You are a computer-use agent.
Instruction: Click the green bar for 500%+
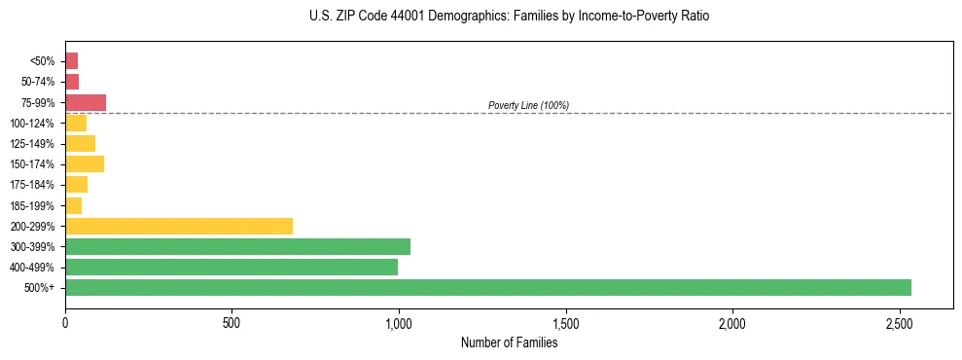(x=487, y=287)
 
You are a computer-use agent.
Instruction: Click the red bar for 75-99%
(x=86, y=102)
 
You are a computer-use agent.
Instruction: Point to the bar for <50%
(x=71, y=61)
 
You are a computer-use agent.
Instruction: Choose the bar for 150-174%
(x=85, y=163)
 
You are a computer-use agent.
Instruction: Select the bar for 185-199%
(x=73, y=205)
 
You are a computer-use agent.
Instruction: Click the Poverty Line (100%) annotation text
(x=528, y=105)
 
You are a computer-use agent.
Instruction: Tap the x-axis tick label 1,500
(x=565, y=323)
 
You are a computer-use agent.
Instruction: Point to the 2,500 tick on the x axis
(x=899, y=323)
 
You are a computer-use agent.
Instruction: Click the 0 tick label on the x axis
(x=65, y=323)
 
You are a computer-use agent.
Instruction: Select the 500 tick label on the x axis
(x=232, y=323)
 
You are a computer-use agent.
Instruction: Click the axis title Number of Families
(x=509, y=342)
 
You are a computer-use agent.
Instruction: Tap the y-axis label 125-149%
(x=31, y=144)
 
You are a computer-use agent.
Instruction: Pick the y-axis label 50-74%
(x=36, y=82)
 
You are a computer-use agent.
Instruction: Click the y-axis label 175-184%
(x=31, y=185)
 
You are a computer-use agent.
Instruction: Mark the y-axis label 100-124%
(x=31, y=124)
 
